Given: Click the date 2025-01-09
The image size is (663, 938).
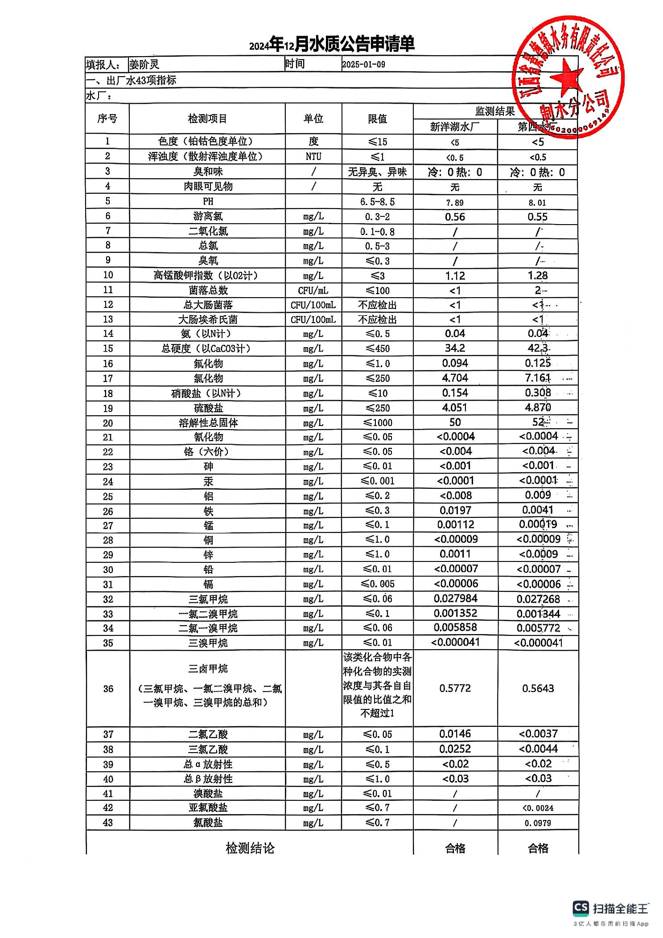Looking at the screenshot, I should tap(363, 65).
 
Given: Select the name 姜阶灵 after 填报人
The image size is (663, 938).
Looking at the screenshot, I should tap(144, 65).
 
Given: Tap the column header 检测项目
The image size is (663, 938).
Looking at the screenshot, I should tap(207, 119).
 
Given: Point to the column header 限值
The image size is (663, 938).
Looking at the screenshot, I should tap(377, 119).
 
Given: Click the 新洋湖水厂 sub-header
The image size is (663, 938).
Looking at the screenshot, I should tap(455, 127).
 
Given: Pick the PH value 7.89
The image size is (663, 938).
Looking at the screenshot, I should tap(455, 203).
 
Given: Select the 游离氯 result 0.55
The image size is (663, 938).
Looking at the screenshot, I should tap(537, 217).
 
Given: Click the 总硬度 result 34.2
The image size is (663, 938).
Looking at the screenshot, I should tap(455, 348).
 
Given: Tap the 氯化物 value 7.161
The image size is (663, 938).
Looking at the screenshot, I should tap(537, 378).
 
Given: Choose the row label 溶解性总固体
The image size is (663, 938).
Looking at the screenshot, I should tap(208, 422).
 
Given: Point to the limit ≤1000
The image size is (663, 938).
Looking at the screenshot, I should tap(378, 422).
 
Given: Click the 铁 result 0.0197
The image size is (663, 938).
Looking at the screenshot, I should tap(455, 510).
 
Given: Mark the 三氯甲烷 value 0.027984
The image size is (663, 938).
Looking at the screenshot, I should tap(455, 598).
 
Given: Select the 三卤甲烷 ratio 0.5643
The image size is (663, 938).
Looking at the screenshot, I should tap(538, 688).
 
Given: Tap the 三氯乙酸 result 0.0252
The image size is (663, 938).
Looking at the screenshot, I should tap(455, 749).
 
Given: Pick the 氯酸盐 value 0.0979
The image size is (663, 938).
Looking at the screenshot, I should tap(538, 823).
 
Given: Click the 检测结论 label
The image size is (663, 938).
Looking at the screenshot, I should tap(250, 848).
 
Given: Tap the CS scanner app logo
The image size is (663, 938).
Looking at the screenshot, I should tap(581, 908).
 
